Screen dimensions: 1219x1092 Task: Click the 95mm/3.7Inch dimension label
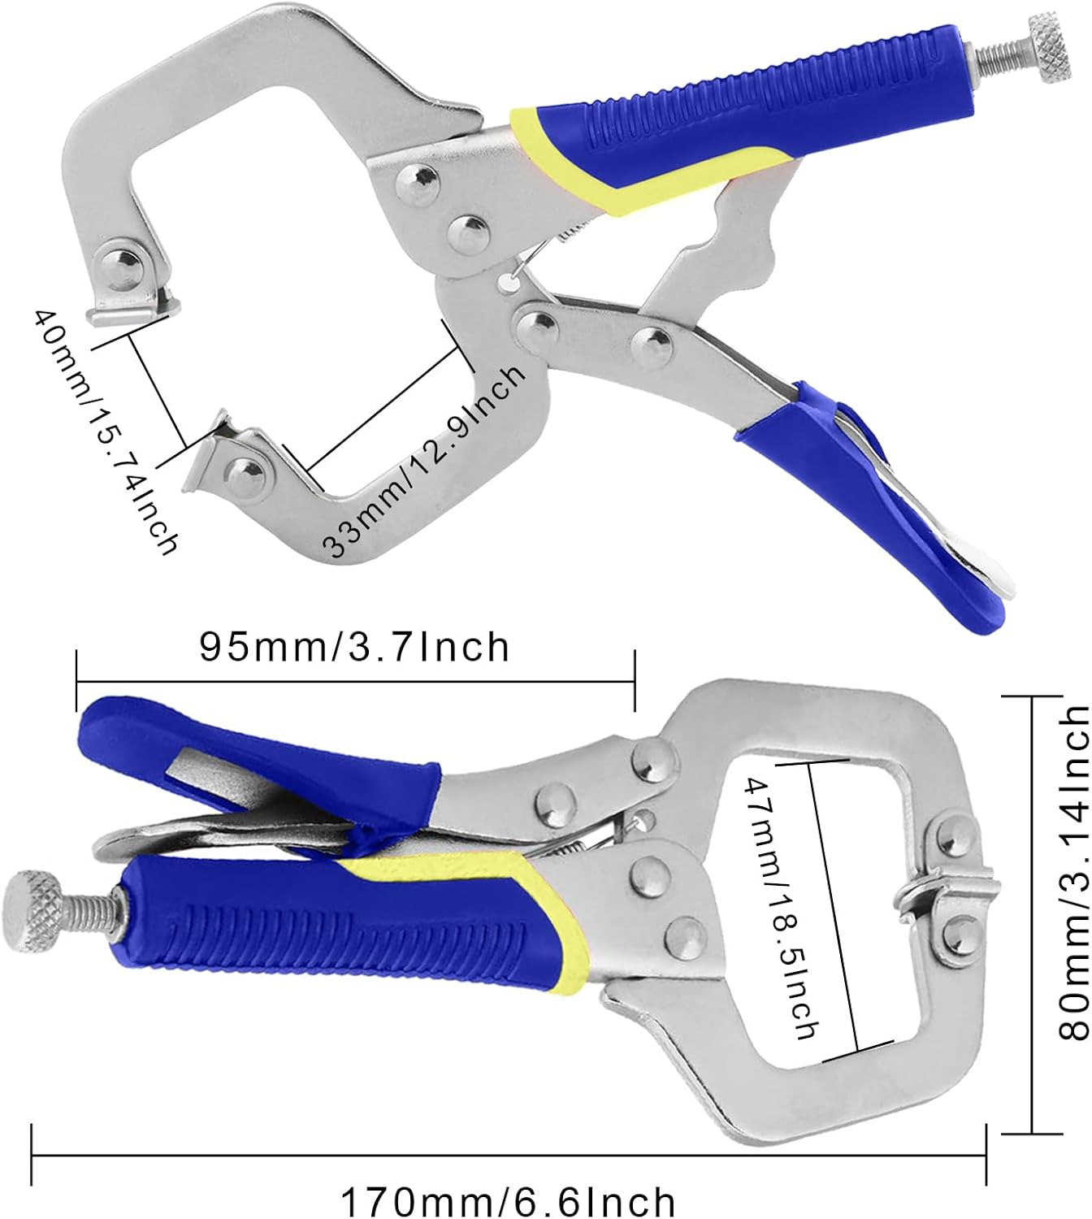click(x=354, y=648)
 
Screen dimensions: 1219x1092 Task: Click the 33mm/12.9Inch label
click(x=423, y=460)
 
